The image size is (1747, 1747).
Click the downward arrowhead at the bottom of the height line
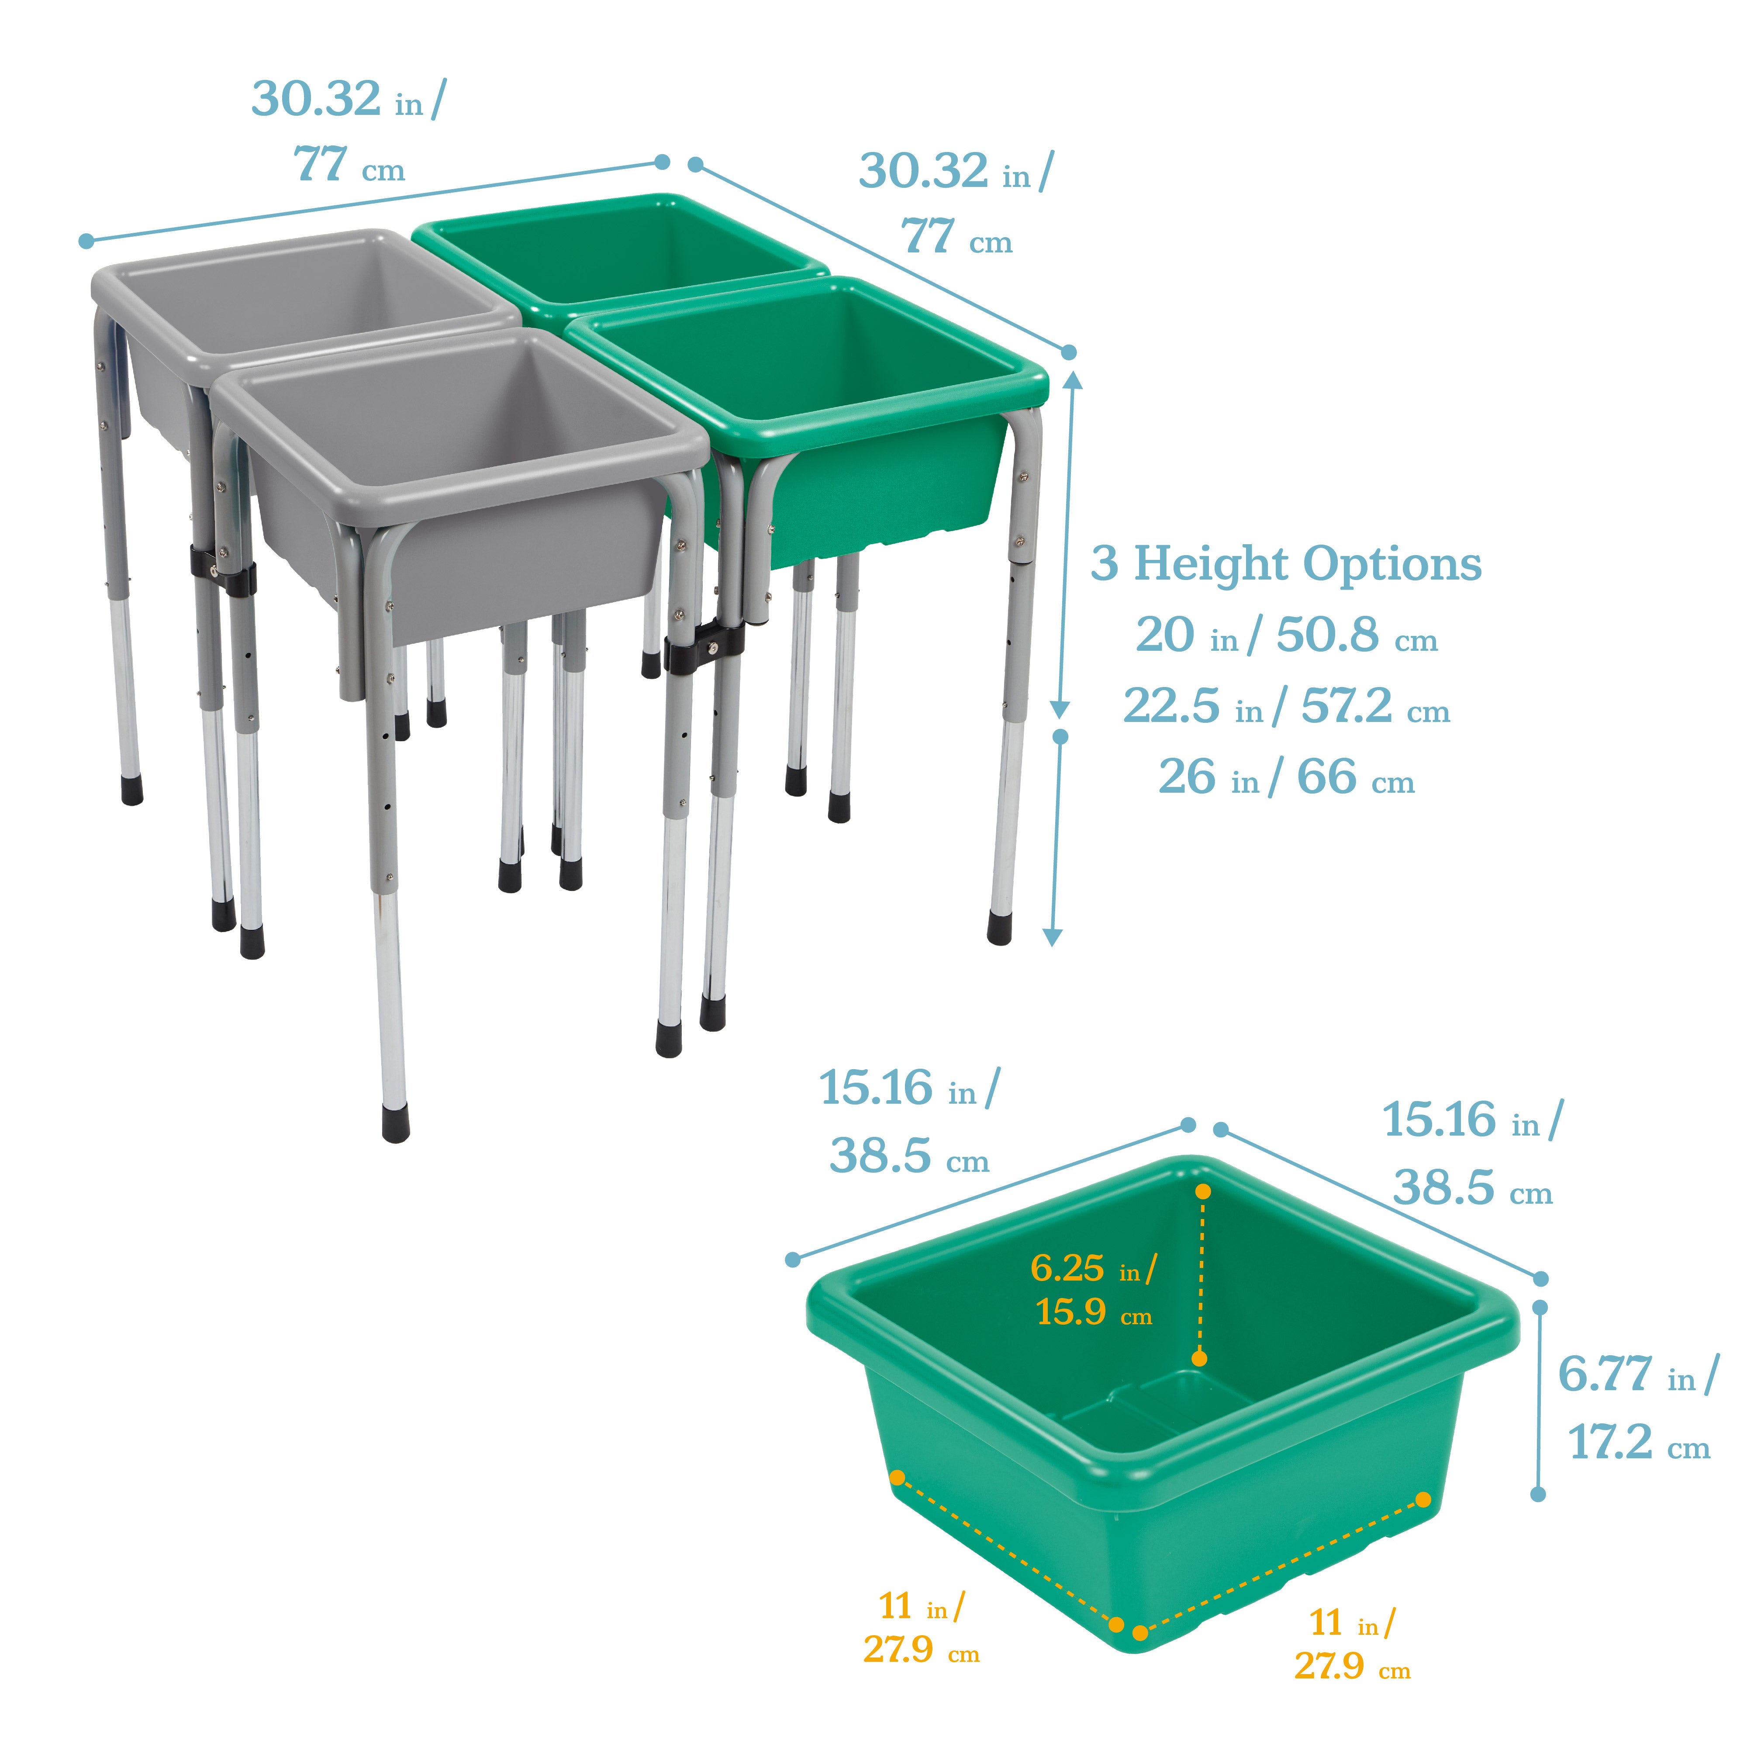tap(1052, 937)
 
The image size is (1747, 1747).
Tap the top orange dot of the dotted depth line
tap(1203, 1192)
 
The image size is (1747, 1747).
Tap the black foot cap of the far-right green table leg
tap(999, 928)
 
